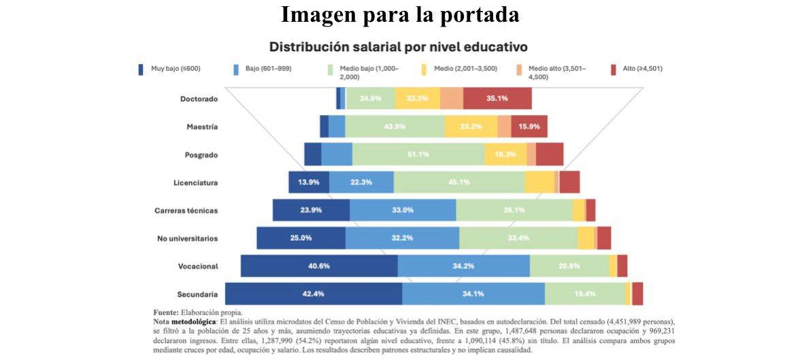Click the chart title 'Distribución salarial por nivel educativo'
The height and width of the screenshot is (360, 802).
[399, 47]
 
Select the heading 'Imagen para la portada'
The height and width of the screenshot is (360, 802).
[401, 15]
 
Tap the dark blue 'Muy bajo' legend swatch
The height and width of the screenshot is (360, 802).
[141, 69]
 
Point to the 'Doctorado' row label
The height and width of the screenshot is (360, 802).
[199, 99]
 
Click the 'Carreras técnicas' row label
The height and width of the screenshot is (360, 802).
[186, 210]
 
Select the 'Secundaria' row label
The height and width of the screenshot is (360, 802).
[197, 294]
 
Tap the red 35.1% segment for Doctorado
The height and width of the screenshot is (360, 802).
[497, 98]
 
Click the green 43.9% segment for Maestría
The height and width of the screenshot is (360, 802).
[395, 127]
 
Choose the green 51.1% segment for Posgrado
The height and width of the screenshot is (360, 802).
[418, 154]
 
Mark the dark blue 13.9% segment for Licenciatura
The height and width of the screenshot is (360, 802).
[309, 182]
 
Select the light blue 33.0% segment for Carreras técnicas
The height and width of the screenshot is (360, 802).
[403, 210]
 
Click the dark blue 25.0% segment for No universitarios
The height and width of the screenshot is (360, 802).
[301, 238]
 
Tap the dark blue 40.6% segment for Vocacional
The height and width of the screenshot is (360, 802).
[319, 266]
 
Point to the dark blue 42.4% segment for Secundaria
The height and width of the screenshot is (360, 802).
[314, 294]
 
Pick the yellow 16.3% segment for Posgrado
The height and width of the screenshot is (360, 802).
[505, 154]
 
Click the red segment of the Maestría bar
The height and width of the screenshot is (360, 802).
[529, 127]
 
